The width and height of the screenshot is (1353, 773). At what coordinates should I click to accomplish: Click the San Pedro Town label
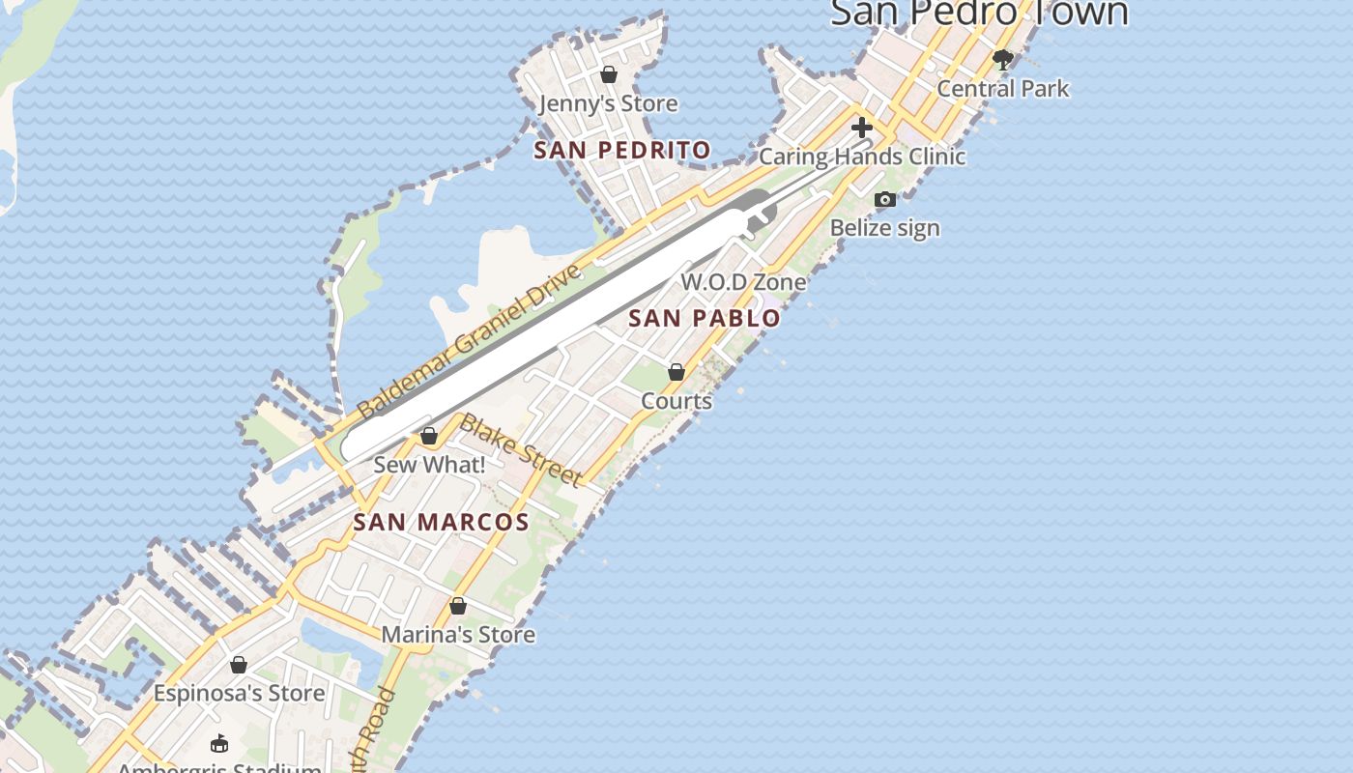pyautogui.click(x=979, y=14)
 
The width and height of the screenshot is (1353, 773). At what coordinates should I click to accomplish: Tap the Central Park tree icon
pyautogui.click(x=1003, y=60)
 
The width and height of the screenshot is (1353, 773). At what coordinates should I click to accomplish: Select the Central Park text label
pyautogui.click(x=1003, y=89)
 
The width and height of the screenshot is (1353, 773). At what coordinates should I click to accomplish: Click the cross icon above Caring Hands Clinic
pyautogui.click(x=861, y=128)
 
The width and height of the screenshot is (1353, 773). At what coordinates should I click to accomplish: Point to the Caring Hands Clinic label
pyautogui.click(x=862, y=157)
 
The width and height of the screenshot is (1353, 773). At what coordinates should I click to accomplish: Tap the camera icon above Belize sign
pyautogui.click(x=884, y=200)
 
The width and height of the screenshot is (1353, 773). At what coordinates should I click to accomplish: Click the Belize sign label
pyautogui.click(x=884, y=229)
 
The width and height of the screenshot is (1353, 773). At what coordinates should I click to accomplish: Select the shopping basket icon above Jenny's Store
pyautogui.click(x=609, y=74)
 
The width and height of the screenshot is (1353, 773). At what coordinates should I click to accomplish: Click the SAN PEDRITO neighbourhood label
pyautogui.click(x=622, y=151)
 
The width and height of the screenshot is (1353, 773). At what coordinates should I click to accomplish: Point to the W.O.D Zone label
pyautogui.click(x=743, y=282)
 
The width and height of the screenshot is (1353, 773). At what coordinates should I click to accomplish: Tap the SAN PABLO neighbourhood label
pyautogui.click(x=705, y=318)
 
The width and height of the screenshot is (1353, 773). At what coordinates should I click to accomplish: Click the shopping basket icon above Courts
pyautogui.click(x=676, y=372)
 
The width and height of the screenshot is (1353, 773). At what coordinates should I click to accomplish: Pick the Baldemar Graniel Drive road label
pyautogui.click(x=472, y=340)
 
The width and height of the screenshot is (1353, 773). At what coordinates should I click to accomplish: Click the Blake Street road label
pyautogui.click(x=521, y=450)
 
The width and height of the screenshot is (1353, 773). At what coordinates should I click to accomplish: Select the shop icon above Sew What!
pyautogui.click(x=429, y=437)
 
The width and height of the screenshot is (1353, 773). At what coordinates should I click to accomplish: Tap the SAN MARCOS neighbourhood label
pyautogui.click(x=441, y=523)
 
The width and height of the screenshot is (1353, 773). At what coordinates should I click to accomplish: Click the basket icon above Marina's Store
pyautogui.click(x=458, y=606)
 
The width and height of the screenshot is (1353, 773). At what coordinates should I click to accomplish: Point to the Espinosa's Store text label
pyautogui.click(x=239, y=694)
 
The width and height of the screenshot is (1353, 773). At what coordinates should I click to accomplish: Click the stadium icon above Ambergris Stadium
pyautogui.click(x=219, y=743)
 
